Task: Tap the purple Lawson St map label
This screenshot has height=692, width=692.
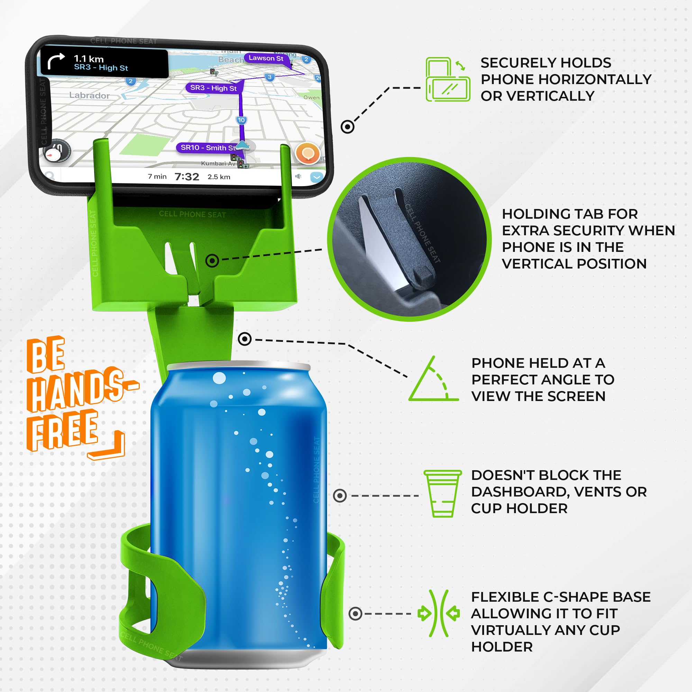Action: [x=266, y=58]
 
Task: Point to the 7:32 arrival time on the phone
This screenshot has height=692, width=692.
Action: [x=186, y=176]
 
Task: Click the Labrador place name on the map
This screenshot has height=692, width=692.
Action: [x=89, y=95]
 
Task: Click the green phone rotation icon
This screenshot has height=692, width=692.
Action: [x=448, y=80]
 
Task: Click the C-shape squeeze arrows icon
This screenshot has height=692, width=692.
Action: [x=439, y=613]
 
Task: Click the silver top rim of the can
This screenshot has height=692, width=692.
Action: [x=239, y=366]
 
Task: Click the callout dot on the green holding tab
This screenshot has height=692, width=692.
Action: [x=212, y=261]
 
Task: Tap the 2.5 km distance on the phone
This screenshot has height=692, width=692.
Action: [x=219, y=177]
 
